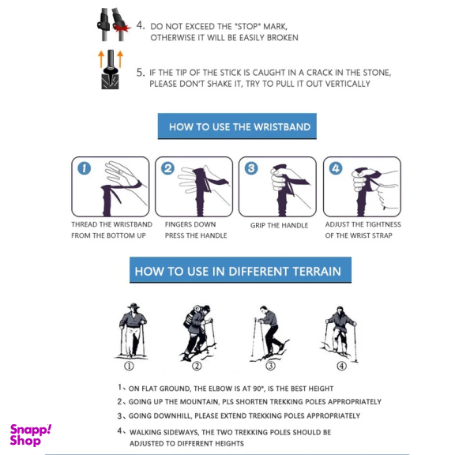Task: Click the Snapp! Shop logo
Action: pos(31,435)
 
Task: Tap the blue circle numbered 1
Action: pos(85,168)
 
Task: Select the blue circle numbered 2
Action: pos(167,168)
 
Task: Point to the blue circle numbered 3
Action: pos(251,168)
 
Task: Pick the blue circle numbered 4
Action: pos(336,168)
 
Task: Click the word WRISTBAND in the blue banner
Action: pos(282,127)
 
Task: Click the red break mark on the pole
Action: pos(122,28)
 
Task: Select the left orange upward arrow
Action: pos(101,59)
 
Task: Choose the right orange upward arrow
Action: pos(120,59)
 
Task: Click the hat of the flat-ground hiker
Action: pos(133,306)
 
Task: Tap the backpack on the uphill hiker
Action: pos(191,318)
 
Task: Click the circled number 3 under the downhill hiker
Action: pos(270,365)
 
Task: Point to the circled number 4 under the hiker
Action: pos(341,366)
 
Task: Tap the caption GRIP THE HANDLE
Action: pos(279,225)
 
